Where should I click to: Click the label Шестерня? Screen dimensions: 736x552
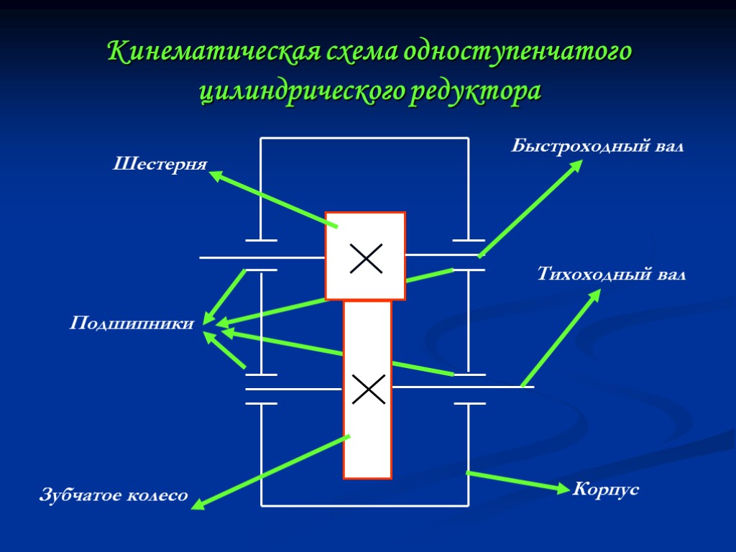(160, 165)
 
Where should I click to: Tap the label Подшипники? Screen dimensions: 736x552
(132, 324)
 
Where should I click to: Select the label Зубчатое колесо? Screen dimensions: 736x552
(113, 495)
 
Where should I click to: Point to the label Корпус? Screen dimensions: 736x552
(605, 490)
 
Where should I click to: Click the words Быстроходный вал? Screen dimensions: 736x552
(597, 147)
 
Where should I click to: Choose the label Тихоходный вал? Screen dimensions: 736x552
(612, 274)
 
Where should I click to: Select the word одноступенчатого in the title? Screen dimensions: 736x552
(517, 52)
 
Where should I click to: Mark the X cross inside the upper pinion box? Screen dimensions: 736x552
(365, 258)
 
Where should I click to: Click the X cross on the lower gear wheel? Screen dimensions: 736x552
(368, 389)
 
